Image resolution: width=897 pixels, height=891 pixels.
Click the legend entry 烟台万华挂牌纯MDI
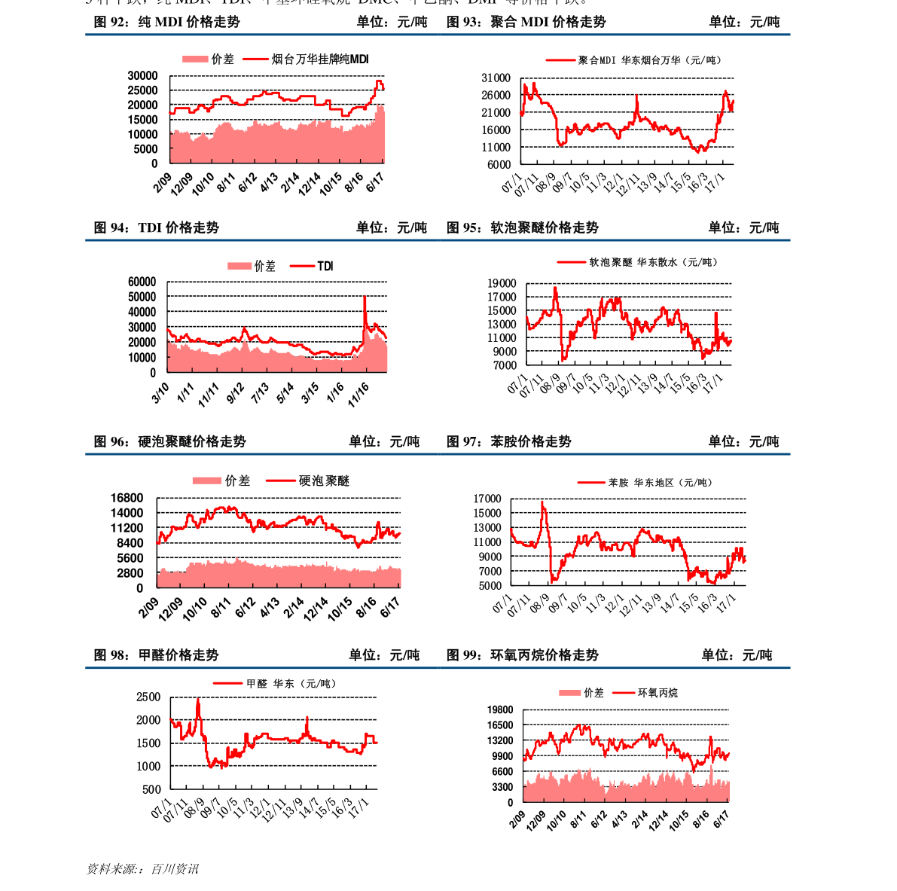(x=320, y=59)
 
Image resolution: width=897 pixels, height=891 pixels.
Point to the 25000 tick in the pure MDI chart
(x=142, y=90)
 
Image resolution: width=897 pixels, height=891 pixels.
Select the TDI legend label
(x=325, y=266)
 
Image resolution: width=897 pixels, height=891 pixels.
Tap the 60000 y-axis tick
(x=142, y=282)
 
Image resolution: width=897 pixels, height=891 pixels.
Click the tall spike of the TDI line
(x=365, y=297)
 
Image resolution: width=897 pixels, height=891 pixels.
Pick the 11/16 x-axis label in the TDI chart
(x=358, y=392)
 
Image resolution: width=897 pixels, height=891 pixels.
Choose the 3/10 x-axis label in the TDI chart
(x=160, y=392)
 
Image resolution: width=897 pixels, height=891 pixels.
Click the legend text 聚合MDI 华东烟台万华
(x=648, y=60)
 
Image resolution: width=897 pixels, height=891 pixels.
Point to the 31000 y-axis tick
(x=496, y=78)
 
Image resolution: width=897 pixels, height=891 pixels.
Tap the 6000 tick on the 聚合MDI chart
(x=499, y=164)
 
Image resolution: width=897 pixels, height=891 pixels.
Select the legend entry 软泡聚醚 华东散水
(x=653, y=262)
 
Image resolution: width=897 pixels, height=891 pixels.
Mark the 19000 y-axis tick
(x=502, y=283)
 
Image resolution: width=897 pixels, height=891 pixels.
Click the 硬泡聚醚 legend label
(x=324, y=481)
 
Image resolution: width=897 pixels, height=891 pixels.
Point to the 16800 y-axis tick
(x=127, y=498)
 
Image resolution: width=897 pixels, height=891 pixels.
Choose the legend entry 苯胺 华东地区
(x=660, y=482)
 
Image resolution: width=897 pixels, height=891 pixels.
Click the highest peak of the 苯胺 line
(x=542, y=502)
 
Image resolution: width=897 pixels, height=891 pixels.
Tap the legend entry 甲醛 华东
(x=291, y=683)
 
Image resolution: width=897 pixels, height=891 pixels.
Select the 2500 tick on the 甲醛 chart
(x=148, y=697)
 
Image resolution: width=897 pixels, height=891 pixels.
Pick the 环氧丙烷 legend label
(x=657, y=692)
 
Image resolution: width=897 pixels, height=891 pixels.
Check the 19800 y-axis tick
(x=500, y=709)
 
